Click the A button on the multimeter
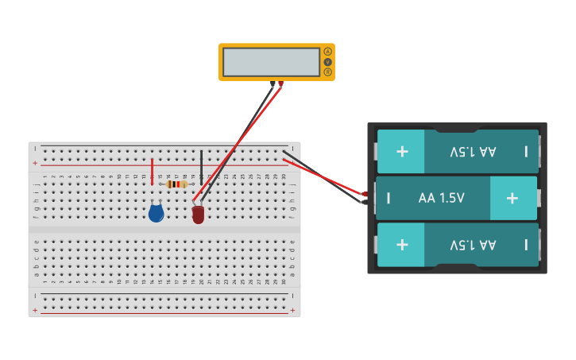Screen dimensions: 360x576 (327, 52)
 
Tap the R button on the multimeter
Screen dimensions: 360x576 (327, 72)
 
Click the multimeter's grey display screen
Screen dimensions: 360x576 (271, 62)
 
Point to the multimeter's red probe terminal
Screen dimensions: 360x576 (280, 83)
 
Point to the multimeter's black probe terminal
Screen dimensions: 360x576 (273, 83)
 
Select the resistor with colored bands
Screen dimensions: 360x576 (177, 184)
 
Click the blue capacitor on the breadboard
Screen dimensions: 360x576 (157, 212)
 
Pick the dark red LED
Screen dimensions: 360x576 (198, 215)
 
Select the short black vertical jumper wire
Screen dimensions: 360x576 (201, 166)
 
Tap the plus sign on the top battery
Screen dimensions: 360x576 (402, 151)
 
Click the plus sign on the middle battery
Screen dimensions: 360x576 (512, 198)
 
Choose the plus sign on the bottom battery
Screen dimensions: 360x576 (402, 244)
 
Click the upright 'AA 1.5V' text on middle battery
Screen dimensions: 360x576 (441, 198)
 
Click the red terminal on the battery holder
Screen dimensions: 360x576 (365, 194)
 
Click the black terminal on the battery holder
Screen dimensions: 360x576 (365, 202)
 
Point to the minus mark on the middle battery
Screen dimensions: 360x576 (388, 198)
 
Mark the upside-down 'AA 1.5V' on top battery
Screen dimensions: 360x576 (473, 151)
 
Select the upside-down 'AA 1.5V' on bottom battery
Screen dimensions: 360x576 (473, 244)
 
